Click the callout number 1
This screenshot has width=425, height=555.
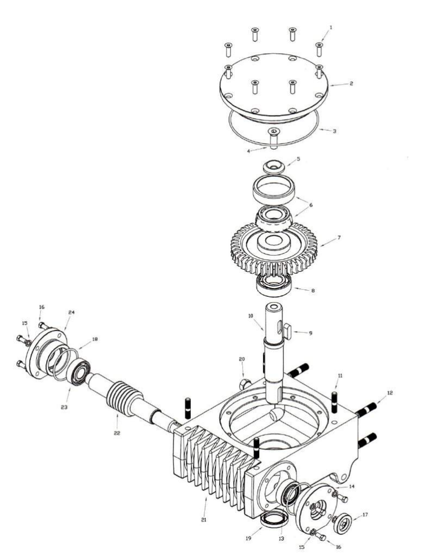pos(331,27)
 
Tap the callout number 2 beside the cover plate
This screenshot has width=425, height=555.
pos(351,84)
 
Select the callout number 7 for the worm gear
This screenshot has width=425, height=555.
pos(339,238)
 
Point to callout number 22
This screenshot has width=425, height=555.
pos(117,433)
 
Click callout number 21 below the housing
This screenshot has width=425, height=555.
pos(204,520)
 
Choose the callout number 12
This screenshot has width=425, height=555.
pos(390,393)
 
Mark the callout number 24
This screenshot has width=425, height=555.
pos(72,312)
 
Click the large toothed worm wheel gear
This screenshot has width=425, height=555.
pos(274,248)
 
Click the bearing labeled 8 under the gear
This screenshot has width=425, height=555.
pos(274,285)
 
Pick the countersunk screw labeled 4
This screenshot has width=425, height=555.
pos(273,137)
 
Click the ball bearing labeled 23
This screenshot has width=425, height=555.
pos(78,372)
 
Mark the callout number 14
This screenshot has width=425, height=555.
pos(351,486)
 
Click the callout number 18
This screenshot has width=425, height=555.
pos(95,339)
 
